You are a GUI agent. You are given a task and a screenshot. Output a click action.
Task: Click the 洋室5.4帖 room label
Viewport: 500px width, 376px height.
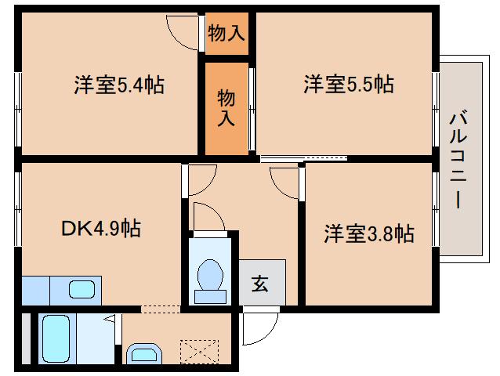119,85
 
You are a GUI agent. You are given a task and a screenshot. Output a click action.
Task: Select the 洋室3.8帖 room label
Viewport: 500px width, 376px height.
369,233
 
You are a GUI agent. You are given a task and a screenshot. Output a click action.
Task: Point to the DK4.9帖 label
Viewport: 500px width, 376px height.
101,229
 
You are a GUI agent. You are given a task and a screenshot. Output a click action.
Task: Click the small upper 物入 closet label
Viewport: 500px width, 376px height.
226,34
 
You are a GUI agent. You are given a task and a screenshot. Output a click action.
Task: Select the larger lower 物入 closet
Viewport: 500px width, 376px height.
226,107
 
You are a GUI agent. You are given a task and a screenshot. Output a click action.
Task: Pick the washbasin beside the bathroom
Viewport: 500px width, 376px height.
143,355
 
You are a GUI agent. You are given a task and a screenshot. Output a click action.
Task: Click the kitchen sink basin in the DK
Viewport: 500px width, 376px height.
82,289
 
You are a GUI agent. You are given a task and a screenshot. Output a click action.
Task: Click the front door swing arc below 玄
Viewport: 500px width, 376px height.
259,327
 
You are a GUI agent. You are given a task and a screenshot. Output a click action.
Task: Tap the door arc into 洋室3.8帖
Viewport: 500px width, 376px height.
284,181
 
